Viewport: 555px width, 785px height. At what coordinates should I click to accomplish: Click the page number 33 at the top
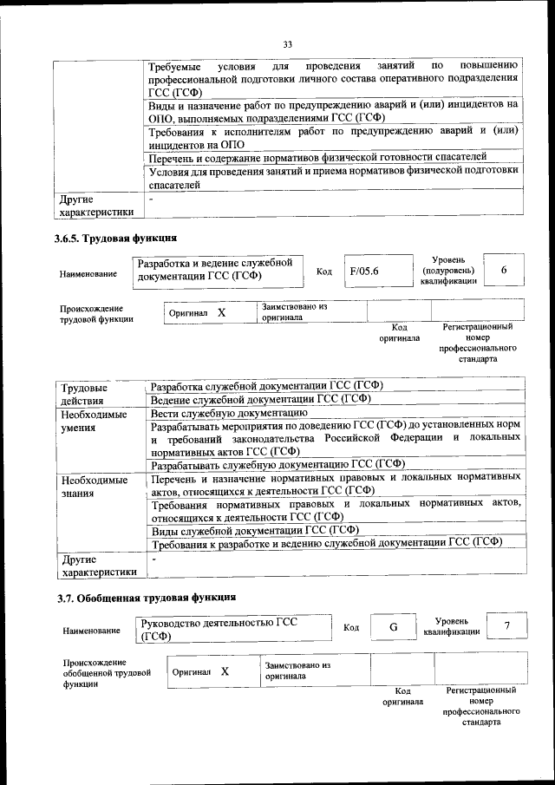click(288, 44)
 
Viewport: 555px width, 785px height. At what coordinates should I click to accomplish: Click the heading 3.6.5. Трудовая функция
click(115, 238)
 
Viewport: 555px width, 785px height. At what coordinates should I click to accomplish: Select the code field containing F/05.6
click(364, 271)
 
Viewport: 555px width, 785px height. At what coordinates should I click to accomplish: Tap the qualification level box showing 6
click(503, 271)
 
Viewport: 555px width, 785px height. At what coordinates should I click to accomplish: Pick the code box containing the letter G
click(393, 627)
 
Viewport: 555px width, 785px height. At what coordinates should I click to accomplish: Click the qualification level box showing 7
click(506, 626)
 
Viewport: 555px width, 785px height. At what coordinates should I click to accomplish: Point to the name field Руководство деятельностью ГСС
click(234, 629)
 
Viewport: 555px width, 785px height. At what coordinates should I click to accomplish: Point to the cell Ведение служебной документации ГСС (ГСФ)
click(260, 399)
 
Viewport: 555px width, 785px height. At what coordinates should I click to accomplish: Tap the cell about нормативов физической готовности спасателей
click(317, 156)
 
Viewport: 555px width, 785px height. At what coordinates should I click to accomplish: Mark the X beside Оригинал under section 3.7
click(225, 671)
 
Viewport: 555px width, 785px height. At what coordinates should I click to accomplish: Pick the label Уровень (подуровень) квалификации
click(448, 270)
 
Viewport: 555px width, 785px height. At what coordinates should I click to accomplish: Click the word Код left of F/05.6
click(324, 271)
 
